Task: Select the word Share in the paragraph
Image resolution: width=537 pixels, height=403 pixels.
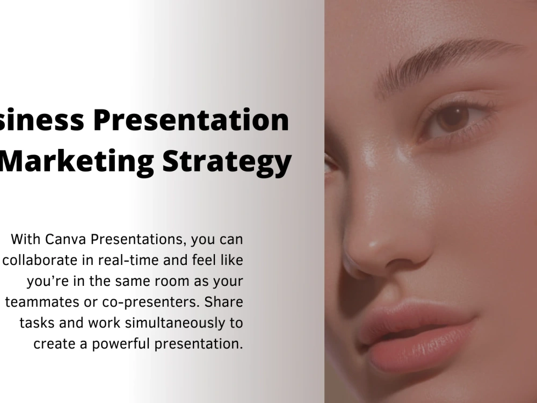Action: coord(226,302)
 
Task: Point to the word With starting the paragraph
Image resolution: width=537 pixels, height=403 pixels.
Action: coord(24,238)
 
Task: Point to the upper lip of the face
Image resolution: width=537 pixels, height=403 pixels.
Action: coord(408,317)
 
